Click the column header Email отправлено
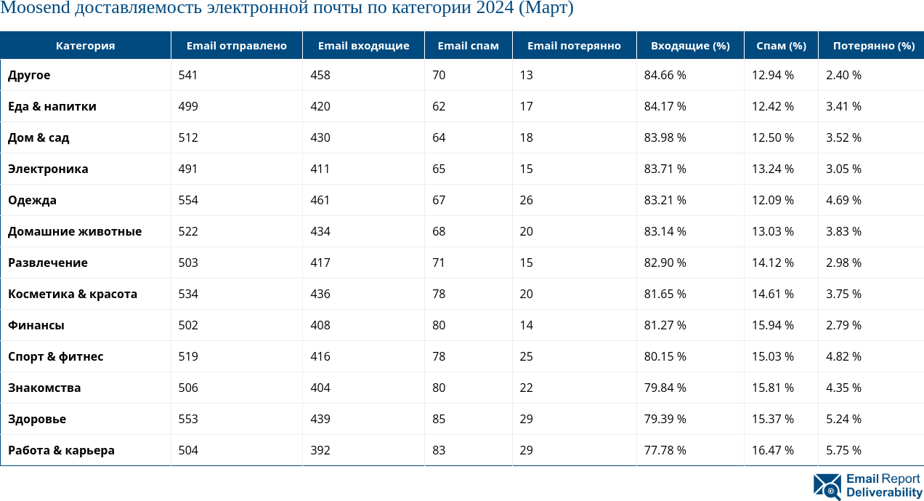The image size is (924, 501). [236, 46]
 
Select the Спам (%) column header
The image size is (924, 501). [781, 46]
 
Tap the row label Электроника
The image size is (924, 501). [48, 169]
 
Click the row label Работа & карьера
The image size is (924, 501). [61, 450]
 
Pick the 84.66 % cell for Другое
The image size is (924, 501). [665, 75]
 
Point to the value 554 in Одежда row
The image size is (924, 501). [188, 200]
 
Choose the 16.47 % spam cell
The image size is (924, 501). [772, 450]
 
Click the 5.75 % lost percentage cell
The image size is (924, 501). [843, 450]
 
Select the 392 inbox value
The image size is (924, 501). [320, 450]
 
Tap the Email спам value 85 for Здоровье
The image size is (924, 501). [439, 419]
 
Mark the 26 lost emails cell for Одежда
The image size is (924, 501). [526, 200]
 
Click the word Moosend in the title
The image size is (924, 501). [30, 9]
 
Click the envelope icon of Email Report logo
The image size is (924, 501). [827, 486]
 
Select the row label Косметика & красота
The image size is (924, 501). [73, 294]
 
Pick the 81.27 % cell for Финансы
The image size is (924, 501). [665, 325]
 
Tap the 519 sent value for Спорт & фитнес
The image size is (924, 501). [188, 356]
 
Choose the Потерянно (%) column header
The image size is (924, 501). [873, 46]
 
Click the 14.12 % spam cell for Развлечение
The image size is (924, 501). [772, 262]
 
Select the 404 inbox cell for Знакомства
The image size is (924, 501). [320, 388]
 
